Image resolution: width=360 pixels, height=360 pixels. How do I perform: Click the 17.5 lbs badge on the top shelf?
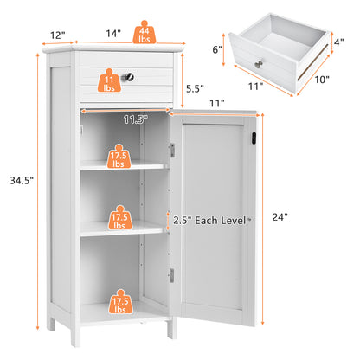tap(119, 157)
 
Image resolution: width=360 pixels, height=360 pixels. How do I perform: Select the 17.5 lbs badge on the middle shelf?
tap(119, 216)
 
